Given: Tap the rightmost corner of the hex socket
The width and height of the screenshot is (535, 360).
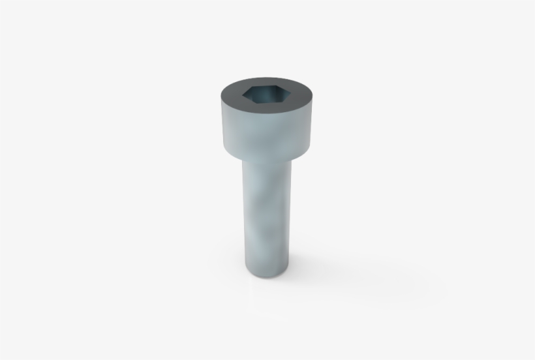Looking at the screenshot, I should click(x=291, y=95).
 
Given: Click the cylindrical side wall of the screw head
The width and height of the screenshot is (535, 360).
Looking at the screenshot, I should click(x=267, y=134).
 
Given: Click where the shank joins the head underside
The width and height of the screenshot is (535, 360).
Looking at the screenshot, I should click(x=267, y=160).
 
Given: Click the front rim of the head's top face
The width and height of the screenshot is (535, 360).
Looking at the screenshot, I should click(x=267, y=115).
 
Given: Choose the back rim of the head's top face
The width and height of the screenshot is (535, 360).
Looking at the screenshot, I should click(x=267, y=78).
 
